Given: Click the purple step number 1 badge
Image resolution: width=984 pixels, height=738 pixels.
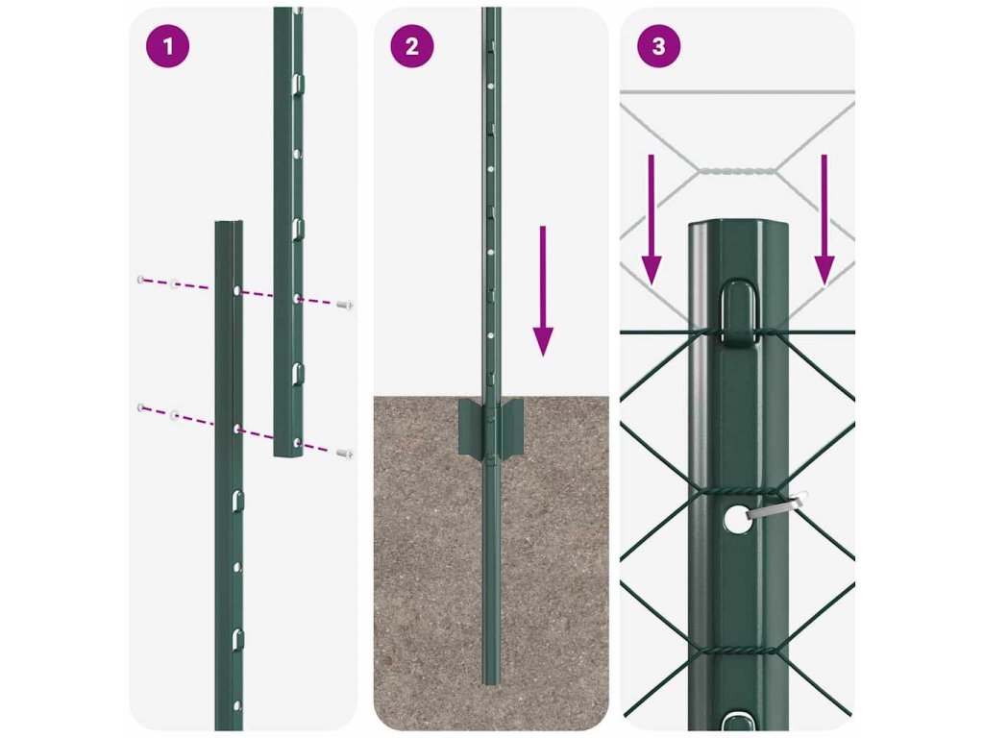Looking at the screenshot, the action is [x=167, y=45].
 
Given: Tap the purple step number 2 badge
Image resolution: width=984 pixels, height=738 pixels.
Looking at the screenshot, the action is [x=411, y=45].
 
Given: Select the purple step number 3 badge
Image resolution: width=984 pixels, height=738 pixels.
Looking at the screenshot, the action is [x=658, y=45].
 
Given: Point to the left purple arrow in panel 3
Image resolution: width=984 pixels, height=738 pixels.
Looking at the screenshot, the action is [x=652, y=219].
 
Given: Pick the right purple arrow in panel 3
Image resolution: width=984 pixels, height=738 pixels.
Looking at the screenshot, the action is [x=824, y=219].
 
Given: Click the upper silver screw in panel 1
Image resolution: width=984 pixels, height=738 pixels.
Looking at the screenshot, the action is [x=345, y=305].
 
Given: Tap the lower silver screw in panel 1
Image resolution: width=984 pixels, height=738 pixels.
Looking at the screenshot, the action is [x=345, y=454].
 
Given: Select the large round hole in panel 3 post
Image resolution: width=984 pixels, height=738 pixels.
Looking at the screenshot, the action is [x=733, y=520].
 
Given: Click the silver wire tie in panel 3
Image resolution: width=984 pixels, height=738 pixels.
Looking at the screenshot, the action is [x=775, y=505].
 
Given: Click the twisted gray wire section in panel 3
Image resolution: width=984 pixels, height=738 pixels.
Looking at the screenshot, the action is [x=737, y=169].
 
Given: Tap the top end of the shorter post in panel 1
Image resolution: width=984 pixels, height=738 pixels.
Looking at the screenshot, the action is [x=229, y=223].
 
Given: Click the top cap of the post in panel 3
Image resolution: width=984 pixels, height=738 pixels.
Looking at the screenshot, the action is [x=737, y=226].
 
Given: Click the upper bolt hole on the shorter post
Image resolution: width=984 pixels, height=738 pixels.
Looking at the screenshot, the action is [x=236, y=291].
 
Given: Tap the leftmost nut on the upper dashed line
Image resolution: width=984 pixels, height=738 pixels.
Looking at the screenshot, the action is [x=140, y=280].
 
